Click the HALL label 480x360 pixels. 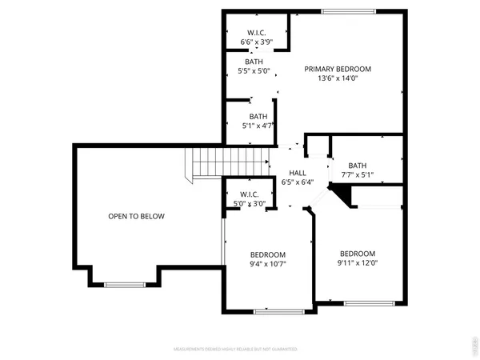(298, 172)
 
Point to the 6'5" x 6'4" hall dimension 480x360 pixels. (298, 182)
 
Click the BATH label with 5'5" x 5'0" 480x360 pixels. (254, 62)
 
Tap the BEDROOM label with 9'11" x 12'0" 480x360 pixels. (357, 253)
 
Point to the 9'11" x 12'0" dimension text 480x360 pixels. (357, 262)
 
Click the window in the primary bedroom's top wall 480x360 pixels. (349, 11)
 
